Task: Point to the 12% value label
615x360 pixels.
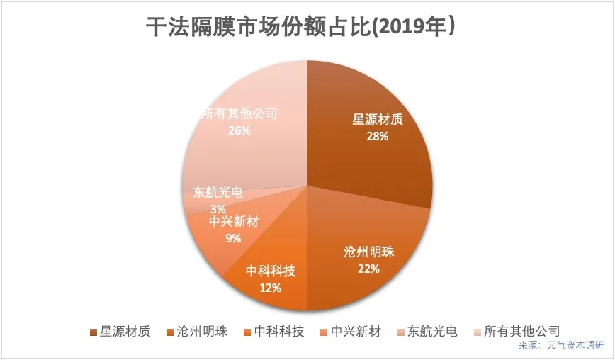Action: [x=271, y=288]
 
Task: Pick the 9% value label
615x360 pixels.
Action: [x=233, y=238]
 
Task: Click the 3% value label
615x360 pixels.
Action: [x=218, y=208]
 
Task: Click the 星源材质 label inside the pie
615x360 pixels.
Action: [x=378, y=119]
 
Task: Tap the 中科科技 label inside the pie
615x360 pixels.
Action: [x=271, y=271]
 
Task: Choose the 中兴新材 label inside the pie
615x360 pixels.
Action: [x=234, y=222]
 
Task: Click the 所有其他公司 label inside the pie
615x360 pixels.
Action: [x=239, y=113]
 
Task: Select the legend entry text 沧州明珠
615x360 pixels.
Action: [x=202, y=331]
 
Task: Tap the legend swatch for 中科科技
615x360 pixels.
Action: [x=247, y=332]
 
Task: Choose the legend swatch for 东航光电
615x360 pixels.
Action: [x=400, y=332]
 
